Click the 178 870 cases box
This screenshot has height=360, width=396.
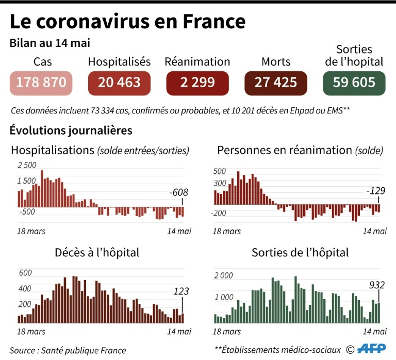[41, 83]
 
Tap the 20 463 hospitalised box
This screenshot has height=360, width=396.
[119, 83]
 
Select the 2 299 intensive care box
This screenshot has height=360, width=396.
[197, 83]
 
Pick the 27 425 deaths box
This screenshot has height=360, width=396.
[276, 83]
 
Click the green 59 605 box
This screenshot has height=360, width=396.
[354, 83]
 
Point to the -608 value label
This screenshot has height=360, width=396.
[178, 192]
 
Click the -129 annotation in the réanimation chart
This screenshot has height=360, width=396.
[375, 191]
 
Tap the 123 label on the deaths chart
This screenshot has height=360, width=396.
[181, 292]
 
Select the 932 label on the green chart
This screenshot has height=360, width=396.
[377, 284]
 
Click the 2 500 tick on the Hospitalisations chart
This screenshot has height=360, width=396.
[27, 166]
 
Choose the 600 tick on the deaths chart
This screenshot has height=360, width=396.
[25, 273]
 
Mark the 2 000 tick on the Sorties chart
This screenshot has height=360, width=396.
[224, 276]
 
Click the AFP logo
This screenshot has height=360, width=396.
[371, 349]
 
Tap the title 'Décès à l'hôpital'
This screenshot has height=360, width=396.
[97, 253]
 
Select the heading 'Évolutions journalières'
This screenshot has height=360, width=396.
[71, 130]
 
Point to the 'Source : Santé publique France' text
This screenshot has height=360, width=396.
[68, 350]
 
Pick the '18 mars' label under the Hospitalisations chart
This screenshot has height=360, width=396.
[31, 231]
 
